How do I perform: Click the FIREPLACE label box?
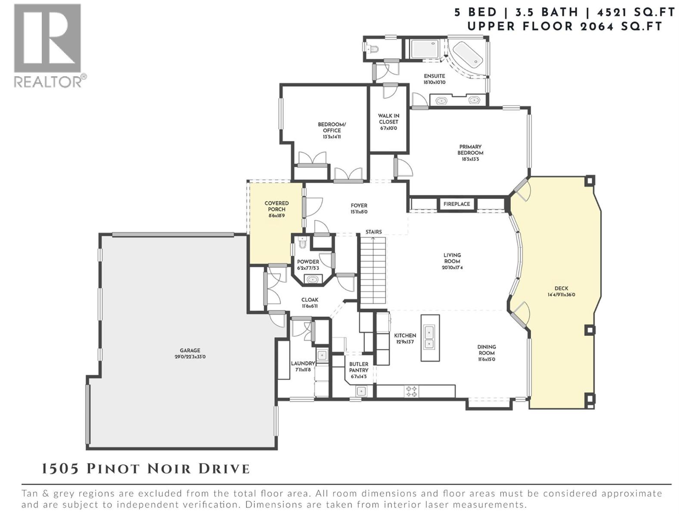(x=456, y=204)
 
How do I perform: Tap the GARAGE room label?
(x=190, y=351)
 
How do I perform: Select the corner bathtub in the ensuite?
(x=468, y=55)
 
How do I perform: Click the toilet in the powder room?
(x=302, y=244)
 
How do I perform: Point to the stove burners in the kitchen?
(x=411, y=392)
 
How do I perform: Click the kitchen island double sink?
(x=429, y=338)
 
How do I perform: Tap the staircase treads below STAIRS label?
(x=373, y=271)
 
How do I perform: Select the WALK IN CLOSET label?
(x=388, y=119)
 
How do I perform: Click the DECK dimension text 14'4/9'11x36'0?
(x=561, y=295)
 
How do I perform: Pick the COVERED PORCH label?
(x=276, y=206)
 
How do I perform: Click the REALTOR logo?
(x=48, y=45)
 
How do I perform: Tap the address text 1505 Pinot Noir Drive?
(x=146, y=469)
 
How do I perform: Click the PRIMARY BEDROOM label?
(x=470, y=150)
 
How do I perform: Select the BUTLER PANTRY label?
(x=359, y=367)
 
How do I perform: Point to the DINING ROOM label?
(x=487, y=350)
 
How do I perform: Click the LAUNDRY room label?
(x=303, y=364)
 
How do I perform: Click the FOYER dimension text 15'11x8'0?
(x=359, y=212)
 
